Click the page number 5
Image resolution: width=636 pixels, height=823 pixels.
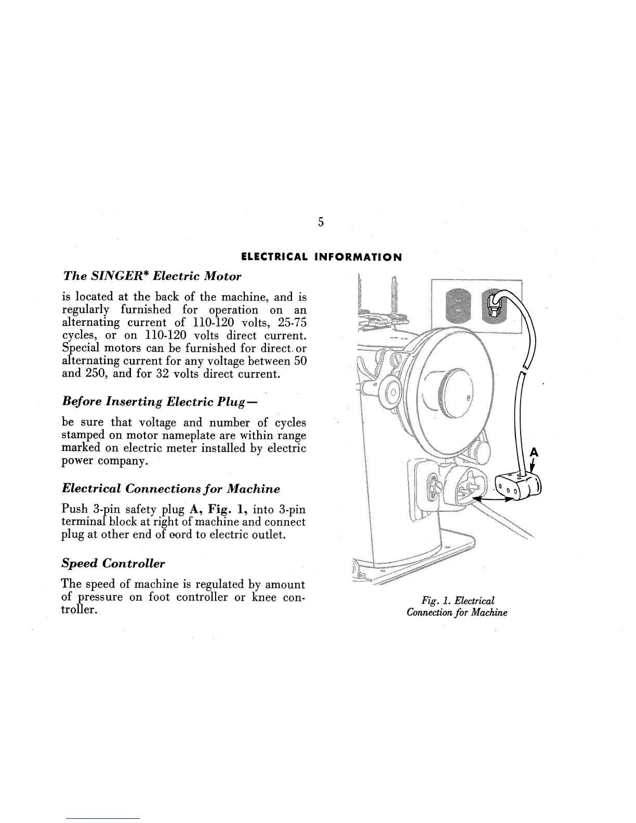coord(321,222)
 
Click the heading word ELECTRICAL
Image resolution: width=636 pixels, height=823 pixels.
coord(273,257)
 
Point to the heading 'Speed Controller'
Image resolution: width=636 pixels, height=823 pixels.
coord(113,563)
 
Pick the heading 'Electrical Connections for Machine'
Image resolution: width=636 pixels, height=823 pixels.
coord(171,489)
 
